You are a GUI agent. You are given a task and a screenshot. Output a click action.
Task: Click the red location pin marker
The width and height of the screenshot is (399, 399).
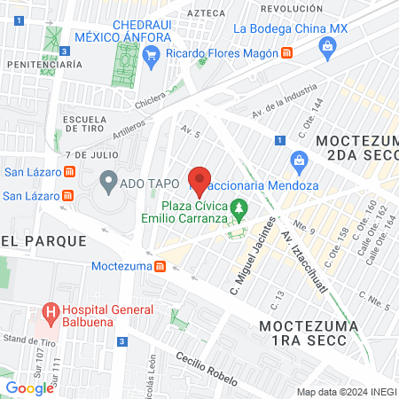[200, 181]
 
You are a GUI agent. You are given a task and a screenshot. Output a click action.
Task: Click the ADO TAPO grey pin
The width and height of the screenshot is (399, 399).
[108, 184]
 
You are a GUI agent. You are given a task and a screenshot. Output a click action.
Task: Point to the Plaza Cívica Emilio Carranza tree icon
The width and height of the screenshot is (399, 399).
[239, 210]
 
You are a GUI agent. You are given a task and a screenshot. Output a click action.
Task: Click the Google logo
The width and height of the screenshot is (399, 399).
[29, 387]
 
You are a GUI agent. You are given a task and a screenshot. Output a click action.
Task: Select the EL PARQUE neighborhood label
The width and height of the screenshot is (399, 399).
[43, 240]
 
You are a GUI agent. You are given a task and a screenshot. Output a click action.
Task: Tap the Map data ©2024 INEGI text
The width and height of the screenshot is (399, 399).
[346, 392]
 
